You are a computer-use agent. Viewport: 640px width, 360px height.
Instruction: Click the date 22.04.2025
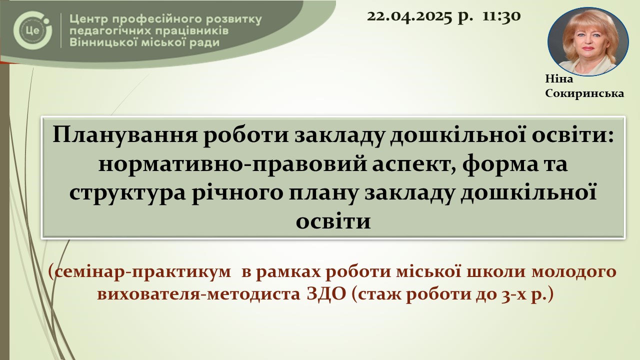pyautogui.click(x=409, y=16)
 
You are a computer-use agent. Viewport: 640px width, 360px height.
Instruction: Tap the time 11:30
pyautogui.click(x=501, y=16)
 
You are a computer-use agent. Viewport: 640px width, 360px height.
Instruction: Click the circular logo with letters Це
pyautogui.click(x=32, y=30)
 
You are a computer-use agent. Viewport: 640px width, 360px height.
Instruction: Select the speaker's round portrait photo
pyautogui.click(x=588, y=41)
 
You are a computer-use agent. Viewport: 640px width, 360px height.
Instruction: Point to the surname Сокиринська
pyautogui.click(x=584, y=93)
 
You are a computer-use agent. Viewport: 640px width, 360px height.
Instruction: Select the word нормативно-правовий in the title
pyautogui.click(x=232, y=164)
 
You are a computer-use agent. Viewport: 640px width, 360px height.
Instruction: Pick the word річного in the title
pyautogui.click(x=237, y=193)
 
